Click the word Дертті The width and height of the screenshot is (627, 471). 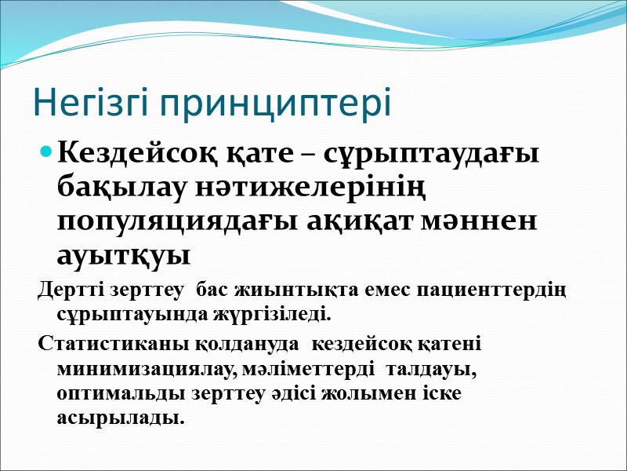point(66,291)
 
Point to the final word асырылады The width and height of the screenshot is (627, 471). point(121,418)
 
